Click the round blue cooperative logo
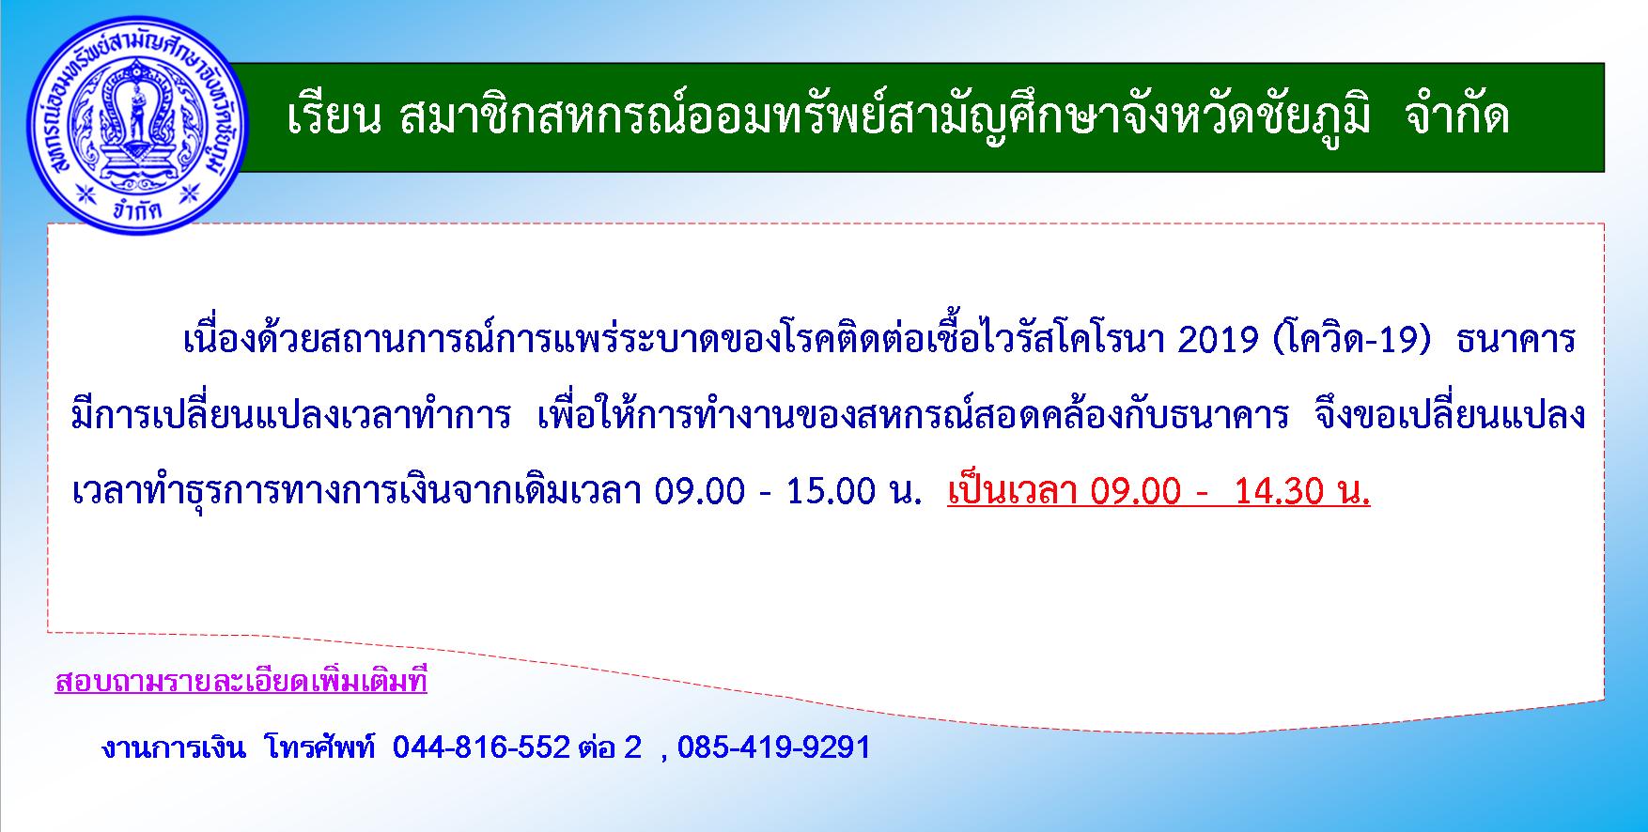pos(138,124)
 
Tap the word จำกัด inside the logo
pos(138,208)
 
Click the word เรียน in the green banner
pos(334,117)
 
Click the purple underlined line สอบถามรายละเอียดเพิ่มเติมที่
pos(241,680)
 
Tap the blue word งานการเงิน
pos(174,748)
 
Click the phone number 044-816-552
pos(481,747)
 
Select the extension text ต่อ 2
pos(610,747)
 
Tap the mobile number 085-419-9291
pos(773,747)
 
